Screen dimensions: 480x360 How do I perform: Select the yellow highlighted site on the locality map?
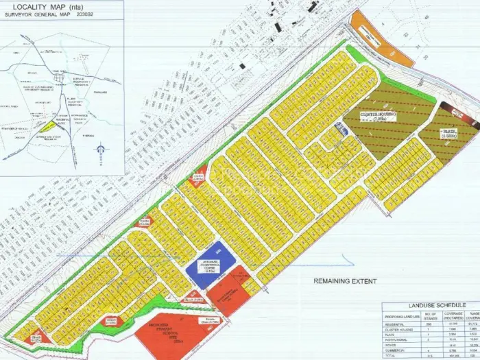(x=47, y=125)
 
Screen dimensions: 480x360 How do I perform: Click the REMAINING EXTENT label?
(x=345, y=282)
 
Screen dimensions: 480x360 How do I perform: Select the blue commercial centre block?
(x=210, y=260)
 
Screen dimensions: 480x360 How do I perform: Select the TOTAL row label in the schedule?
(x=394, y=357)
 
